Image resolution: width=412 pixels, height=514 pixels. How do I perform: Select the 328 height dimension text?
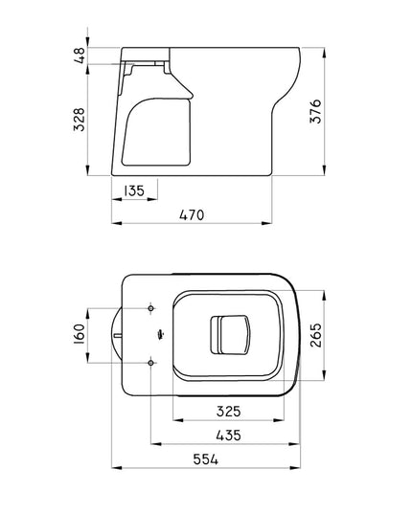pos(81,119)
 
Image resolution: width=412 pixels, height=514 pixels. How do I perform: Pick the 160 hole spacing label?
pos(81,335)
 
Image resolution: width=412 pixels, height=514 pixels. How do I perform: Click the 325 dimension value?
pos(228,412)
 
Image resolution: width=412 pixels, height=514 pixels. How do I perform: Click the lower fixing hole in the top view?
pos(152,362)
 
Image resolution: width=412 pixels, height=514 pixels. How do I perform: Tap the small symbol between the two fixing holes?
pos(156,335)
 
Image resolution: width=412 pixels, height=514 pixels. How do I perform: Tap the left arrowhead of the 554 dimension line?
pos(117,470)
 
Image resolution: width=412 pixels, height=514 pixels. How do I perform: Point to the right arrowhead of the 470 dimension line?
pos(273,225)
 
